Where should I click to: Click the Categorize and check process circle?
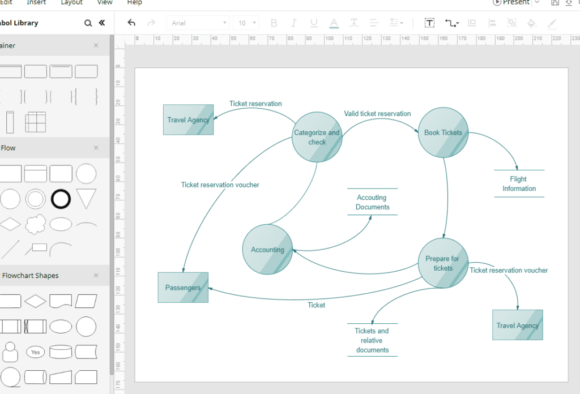coord(317,137)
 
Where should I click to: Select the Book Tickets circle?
coord(443,132)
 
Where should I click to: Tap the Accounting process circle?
coord(267,250)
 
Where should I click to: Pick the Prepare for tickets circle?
coord(443,263)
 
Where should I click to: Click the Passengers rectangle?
coord(183,288)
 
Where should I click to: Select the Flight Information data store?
coord(519,183)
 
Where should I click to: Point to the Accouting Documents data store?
coord(373,202)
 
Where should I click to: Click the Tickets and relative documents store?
coord(373,340)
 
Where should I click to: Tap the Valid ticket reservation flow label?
coord(377,113)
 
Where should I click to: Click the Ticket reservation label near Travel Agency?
coord(255,104)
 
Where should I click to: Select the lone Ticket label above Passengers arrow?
coord(316,305)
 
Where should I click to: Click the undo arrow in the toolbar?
coord(131,23)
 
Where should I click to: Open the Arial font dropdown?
coord(198,23)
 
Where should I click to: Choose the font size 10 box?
coord(246,23)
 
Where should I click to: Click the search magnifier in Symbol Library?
coord(88,23)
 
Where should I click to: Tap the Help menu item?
coord(135,3)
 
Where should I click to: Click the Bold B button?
coord(274,23)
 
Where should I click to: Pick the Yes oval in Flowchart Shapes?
coord(36,352)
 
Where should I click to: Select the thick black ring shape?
coord(61,199)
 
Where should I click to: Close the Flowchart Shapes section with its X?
coord(96,275)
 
